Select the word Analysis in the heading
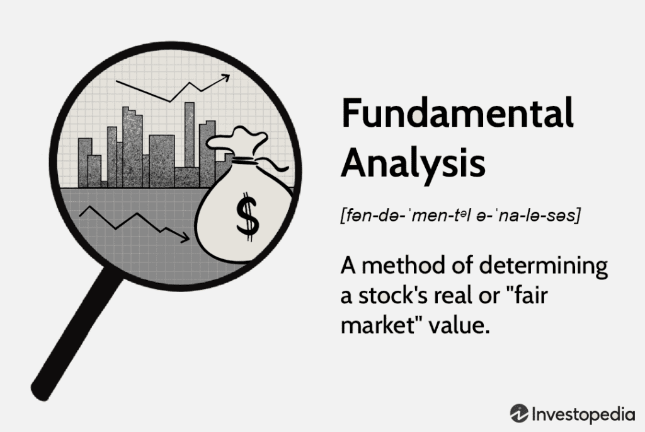413,163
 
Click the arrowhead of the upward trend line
225,78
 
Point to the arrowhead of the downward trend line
185,237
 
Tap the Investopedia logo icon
519,413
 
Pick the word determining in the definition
544,266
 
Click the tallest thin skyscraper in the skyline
190,135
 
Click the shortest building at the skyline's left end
94,171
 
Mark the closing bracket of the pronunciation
578,216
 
